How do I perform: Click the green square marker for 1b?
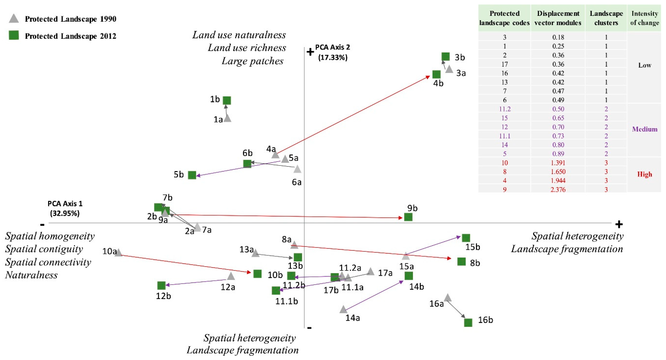(227, 100)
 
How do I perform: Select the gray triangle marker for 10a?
(118, 253)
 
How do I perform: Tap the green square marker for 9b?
(408, 217)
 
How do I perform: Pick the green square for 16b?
(468, 322)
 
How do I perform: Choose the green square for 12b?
(161, 286)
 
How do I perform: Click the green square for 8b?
(462, 262)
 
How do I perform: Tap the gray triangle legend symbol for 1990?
(14, 19)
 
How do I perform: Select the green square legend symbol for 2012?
(14, 35)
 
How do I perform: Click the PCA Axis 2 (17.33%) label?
(333, 52)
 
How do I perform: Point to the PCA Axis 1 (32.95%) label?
(65, 208)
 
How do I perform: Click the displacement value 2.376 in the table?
(558, 189)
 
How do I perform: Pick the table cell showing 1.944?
(558, 181)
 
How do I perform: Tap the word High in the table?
(644, 174)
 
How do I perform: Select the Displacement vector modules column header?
(558, 18)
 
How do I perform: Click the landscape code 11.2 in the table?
(505, 109)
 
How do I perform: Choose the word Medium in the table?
(645, 129)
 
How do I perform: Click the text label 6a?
(297, 182)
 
